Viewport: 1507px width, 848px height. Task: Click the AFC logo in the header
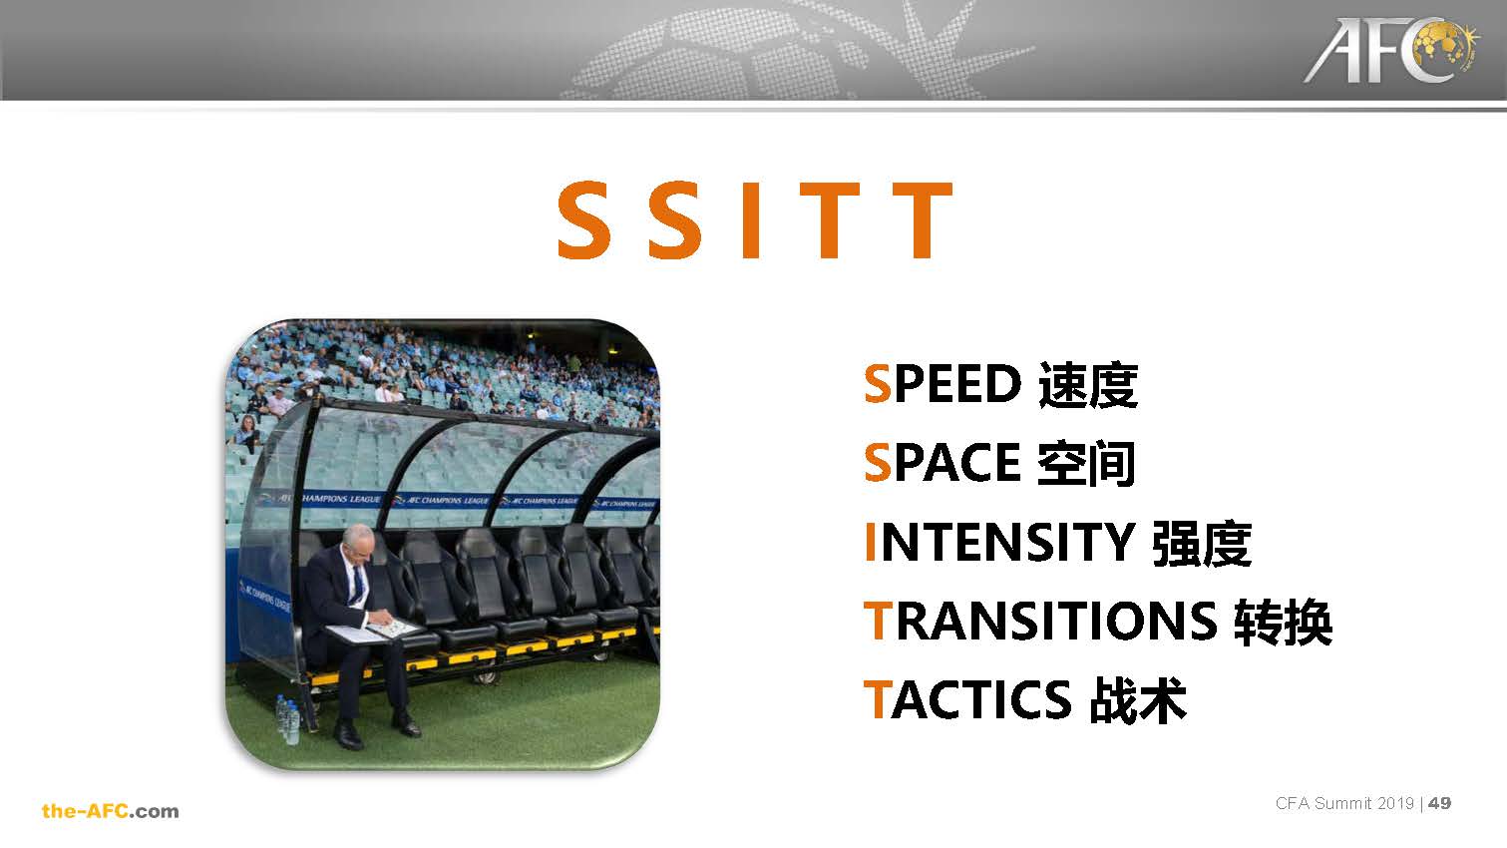point(1391,50)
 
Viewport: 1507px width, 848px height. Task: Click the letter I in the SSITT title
point(751,220)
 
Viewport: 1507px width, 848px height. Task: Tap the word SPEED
point(942,384)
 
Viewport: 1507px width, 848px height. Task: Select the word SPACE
point(942,462)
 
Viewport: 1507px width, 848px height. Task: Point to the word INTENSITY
point(999,542)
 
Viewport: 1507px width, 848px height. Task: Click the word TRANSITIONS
point(1040,621)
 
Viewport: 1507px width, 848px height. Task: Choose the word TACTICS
point(967,700)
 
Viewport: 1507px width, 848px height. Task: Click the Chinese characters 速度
point(1088,385)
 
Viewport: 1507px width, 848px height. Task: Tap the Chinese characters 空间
point(1086,463)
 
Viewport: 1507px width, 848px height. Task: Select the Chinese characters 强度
point(1202,543)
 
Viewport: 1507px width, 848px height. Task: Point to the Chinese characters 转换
point(1283,622)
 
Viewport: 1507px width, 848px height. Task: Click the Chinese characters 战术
point(1138,700)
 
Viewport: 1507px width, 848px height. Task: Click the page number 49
point(1440,803)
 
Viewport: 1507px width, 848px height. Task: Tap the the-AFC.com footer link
point(111,811)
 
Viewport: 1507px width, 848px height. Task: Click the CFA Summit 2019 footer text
point(1344,803)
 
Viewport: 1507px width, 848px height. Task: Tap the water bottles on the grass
point(288,719)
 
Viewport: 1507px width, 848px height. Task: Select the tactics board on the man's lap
point(374,631)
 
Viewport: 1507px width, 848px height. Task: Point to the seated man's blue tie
point(358,585)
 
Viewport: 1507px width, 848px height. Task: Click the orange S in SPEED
point(878,384)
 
